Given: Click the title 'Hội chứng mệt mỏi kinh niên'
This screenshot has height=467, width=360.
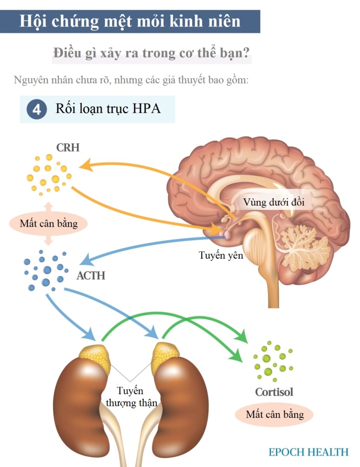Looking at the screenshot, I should [130, 21].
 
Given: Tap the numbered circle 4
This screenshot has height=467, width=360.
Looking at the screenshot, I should [37, 110].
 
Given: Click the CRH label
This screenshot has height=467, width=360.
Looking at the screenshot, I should [68, 148].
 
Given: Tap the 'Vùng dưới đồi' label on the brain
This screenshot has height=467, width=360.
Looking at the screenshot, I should [274, 202].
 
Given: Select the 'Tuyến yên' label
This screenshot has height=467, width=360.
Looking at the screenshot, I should [221, 255].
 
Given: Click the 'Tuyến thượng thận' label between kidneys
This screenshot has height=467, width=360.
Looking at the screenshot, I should [131, 397].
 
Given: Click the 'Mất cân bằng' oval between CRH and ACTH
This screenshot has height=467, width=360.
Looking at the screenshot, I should [49, 224].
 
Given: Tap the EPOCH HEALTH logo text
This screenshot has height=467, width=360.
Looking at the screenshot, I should [308, 452].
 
